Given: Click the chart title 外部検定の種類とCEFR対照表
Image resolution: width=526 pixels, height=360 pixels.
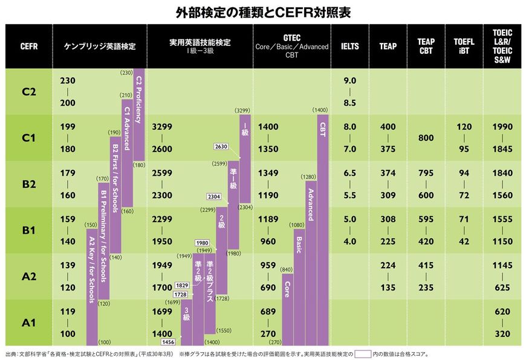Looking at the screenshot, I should click(x=262, y=11).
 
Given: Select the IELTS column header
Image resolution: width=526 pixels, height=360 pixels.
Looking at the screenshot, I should click(x=349, y=47).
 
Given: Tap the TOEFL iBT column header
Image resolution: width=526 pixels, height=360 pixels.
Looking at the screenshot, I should click(x=464, y=47).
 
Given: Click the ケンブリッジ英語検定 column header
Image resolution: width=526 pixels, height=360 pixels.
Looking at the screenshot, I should click(x=99, y=47).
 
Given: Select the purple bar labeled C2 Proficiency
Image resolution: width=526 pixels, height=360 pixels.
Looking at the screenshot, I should click(x=138, y=100).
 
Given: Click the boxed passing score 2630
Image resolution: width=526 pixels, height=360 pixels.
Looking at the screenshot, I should click(x=221, y=146).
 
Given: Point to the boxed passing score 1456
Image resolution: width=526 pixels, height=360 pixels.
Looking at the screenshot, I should click(x=169, y=342).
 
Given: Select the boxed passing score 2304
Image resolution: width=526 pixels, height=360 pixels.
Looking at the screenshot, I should click(x=214, y=197).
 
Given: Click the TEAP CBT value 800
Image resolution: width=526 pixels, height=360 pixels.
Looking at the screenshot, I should click(x=426, y=138).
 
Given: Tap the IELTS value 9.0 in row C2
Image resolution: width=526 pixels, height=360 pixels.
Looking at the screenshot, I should click(x=349, y=80).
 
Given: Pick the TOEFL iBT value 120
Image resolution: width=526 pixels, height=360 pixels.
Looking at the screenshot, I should click(x=464, y=127).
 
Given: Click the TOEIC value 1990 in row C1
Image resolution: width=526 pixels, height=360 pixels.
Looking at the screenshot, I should click(x=502, y=127).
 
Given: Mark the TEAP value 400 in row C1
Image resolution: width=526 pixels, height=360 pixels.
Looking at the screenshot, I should click(x=388, y=127).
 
